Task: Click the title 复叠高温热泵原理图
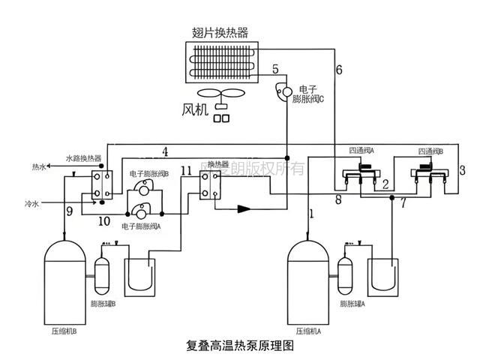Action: point(238,346)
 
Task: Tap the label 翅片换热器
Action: point(220,32)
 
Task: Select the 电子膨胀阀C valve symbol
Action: point(284,92)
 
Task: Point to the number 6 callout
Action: point(339,70)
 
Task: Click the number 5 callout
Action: point(276,70)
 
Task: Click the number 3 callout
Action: point(462,169)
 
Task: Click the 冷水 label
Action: point(31,202)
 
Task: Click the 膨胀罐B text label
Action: point(103,304)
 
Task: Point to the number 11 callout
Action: point(187,170)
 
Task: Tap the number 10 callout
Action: point(103,222)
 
